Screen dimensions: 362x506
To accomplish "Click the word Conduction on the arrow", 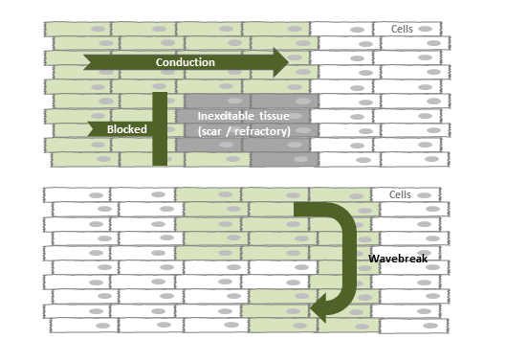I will (186, 62).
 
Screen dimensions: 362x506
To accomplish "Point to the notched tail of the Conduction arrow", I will (89, 63).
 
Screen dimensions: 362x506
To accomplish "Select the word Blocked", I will (126, 128).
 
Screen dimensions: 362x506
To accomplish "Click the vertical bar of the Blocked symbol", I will (160, 127).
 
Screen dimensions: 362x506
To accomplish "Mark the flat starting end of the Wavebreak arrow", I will (297, 211).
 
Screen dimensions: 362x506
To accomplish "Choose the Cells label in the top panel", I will (404, 30).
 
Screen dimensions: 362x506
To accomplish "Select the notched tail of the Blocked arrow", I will (93, 128).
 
